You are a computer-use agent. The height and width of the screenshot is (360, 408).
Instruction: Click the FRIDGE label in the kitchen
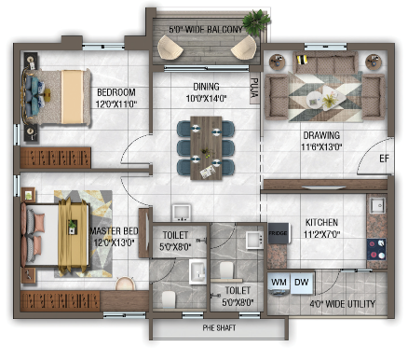tap(278, 233)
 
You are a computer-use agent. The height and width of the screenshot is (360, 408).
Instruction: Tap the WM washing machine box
tap(279, 284)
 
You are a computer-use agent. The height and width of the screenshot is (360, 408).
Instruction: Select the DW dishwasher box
tap(302, 283)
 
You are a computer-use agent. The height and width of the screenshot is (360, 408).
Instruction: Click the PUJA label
tap(254, 88)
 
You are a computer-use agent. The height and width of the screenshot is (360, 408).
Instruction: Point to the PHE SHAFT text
tap(219, 327)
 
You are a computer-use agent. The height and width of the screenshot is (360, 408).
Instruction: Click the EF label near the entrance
tap(384, 159)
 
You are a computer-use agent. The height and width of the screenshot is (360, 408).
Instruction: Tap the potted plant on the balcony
tap(256, 21)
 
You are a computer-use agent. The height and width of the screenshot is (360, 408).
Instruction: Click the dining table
tap(206, 148)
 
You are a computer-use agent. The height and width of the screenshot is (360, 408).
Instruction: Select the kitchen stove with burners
tap(376, 249)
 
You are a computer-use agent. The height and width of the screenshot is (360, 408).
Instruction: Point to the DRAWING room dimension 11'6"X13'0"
tap(321, 146)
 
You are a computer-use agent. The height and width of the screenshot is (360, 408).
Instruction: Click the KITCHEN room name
tap(321, 222)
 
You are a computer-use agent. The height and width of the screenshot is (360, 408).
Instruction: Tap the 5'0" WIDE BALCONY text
tap(206, 30)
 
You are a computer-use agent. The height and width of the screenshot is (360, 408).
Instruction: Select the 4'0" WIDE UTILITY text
tap(342, 304)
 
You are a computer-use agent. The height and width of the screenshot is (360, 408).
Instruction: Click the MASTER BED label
tap(114, 231)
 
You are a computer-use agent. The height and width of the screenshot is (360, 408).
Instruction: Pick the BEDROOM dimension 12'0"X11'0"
tap(116, 104)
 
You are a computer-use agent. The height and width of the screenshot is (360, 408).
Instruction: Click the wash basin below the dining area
tap(182, 213)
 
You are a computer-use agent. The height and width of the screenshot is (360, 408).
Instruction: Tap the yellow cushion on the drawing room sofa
tap(302, 60)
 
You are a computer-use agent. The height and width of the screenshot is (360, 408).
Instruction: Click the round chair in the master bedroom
tap(126, 284)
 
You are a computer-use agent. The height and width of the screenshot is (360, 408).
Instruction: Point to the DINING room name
tap(206, 87)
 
